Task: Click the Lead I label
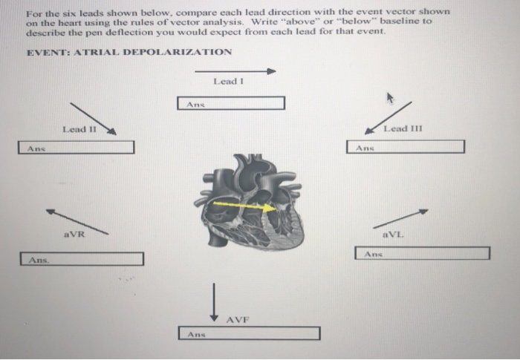tap(228, 81)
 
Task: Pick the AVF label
tap(238, 320)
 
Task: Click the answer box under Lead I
tap(231, 103)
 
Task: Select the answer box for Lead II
tap(77, 148)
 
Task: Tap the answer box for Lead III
tap(406, 147)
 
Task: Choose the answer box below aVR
tap(82, 259)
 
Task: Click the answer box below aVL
tap(422, 253)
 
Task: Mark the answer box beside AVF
tap(249, 333)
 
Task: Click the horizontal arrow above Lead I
tap(235, 72)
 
